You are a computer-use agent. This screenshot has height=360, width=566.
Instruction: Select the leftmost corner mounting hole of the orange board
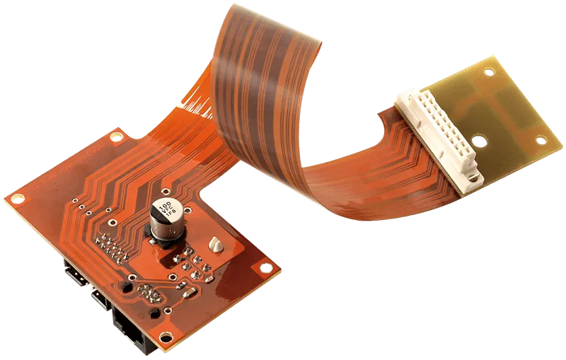[16, 197]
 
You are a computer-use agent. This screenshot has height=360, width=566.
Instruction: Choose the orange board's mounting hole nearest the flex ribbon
[115, 137]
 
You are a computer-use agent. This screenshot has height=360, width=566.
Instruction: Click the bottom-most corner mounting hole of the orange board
[165, 337]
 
